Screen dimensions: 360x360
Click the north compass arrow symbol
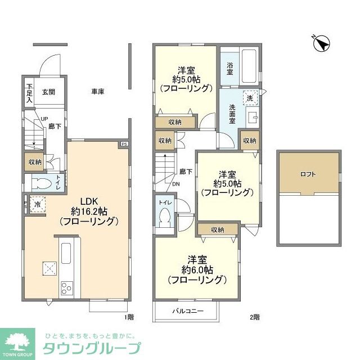[321, 44]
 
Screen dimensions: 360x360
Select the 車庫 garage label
[98, 92]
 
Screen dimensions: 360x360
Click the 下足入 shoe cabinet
[30, 93]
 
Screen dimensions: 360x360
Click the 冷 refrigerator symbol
[37, 205]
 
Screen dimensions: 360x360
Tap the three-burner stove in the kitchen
[66, 288]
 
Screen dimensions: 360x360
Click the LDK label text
[89, 201]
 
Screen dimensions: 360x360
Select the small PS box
[123, 145]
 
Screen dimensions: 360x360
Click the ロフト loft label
[308, 174]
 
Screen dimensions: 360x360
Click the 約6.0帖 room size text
[197, 269]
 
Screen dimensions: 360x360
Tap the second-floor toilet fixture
[165, 217]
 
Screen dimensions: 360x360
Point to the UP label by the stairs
[44, 119]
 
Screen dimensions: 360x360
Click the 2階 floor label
[256, 317]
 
